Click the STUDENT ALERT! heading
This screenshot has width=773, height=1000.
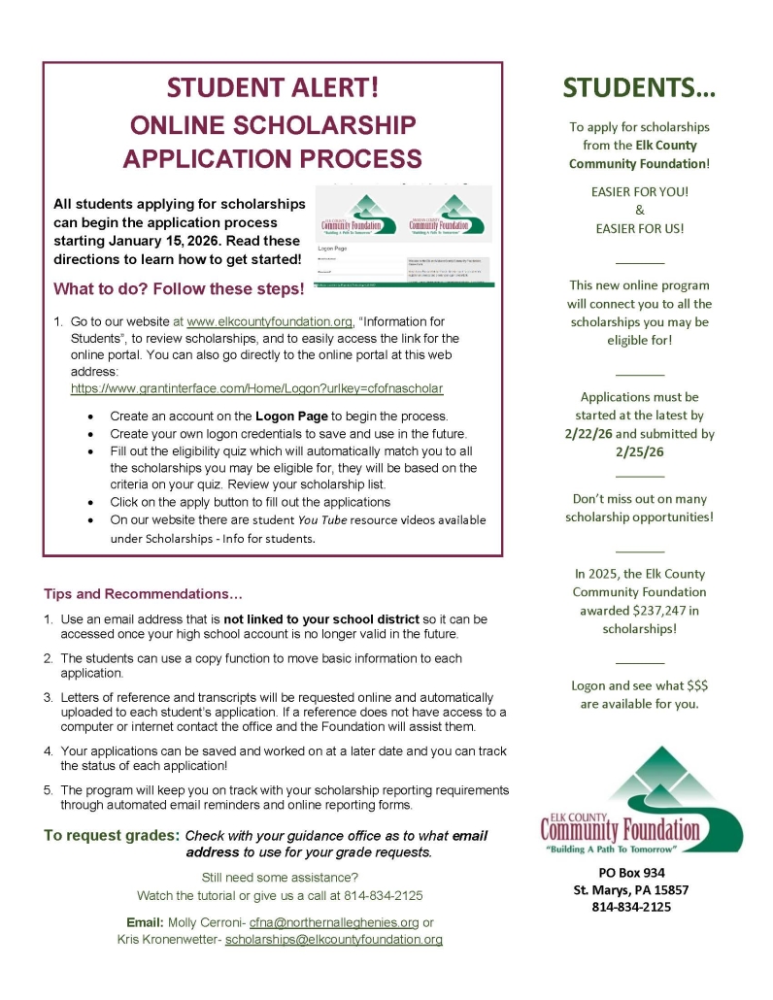pyautogui.click(x=273, y=87)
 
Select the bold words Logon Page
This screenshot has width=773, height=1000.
pyautogui.click(x=283, y=416)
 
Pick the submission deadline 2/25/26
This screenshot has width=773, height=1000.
pyautogui.click(x=639, y=451)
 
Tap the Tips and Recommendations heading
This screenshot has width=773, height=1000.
pyautogui.click(x=143, y=593)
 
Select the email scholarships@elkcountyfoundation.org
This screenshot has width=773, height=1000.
pyautogui.click(x=334, y=940)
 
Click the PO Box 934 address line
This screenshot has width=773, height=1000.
pyautogui.click(x=638, y=872)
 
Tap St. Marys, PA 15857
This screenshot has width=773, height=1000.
pyautogui.click(x=638, y=889)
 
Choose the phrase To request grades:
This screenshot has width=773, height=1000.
pyautogui.click(x=112, y=835)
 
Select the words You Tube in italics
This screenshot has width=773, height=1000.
pyautogui.click(x=321, y=519)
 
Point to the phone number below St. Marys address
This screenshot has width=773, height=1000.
pyautogui.click(x=638, y=907)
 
